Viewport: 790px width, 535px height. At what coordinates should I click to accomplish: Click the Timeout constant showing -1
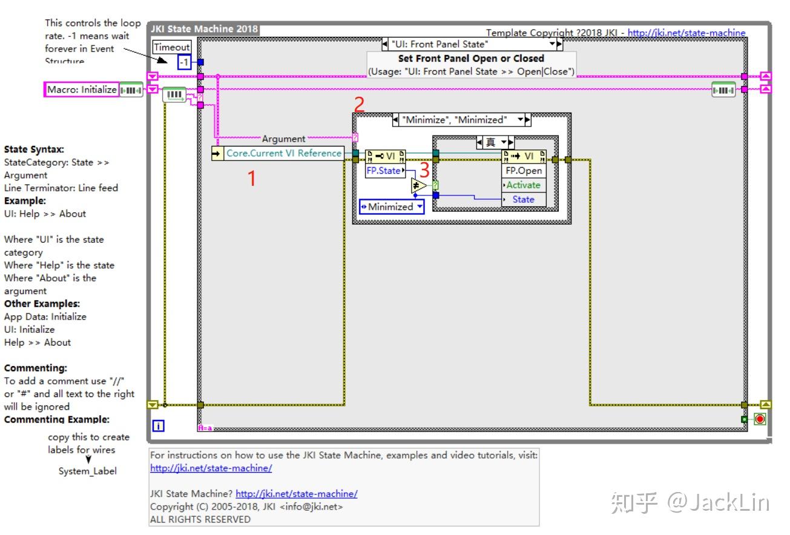pyautogui.click(x=184, y=62)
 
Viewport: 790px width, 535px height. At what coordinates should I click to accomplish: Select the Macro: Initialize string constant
pyautogui.click(x=82, y=90)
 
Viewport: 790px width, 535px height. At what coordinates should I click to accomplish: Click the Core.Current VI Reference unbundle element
pyautogui.click(x=283, y=153)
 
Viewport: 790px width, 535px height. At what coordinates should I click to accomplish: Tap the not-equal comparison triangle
pyautogui.click(x=418, y=186)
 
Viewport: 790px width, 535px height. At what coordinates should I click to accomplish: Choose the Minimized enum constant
pyautogui.click(x=391, y=207)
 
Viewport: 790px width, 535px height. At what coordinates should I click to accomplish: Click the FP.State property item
pyautogui.click(x=384, y=171)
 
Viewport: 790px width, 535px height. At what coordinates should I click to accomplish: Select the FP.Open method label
pyautogui.click(x=524, y=171)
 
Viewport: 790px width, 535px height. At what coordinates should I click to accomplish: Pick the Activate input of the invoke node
pyautogui.click(x=524, y=185)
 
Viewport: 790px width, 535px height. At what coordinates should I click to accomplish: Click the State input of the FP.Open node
pyautogui.click(x=524, y=199)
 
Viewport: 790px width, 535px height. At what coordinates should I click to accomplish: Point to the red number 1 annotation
pyautogui.click(x=252, y=179)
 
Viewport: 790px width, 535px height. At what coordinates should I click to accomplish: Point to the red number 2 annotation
pyautogui.click(x=359, y=105)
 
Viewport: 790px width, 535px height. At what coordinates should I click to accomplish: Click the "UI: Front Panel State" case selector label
pyautogui.click(x=439, y=44)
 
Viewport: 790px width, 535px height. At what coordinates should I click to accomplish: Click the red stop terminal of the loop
pyautogui.click(x=760, y=419)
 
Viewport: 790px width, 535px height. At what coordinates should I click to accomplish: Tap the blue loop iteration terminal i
pyautogui.click(x=158, y=425)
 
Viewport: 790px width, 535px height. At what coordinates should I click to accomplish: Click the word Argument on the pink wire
pyautogui.click(x=283, y=139)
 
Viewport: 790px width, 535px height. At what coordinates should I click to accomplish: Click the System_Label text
pyautogui.click(x=88, y=471)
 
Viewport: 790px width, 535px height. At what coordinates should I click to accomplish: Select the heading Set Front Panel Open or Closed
pyautogui.click(x=471, y=59)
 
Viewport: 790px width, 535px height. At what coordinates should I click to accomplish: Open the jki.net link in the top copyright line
pyautogui.click(x=686, y=33)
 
